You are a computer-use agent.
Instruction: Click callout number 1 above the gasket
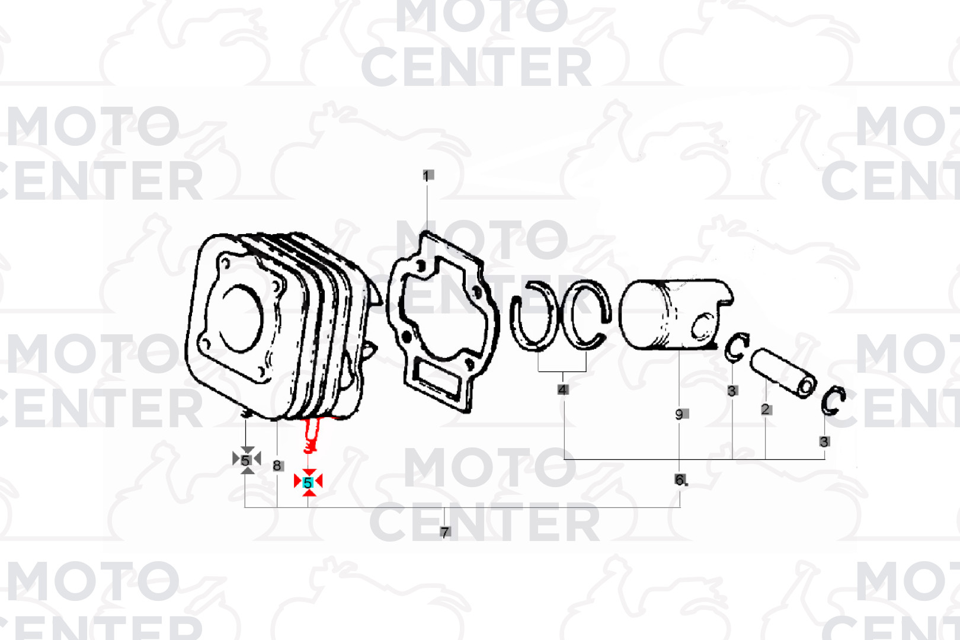coord(427,175)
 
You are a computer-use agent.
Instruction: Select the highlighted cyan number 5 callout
coord(308,483)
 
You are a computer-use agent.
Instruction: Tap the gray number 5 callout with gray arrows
coord(245,460)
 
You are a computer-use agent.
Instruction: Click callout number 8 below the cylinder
coord(277,466)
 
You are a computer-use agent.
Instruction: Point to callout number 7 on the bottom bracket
coord(445,532)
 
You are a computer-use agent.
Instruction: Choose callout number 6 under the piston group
coord(680,479)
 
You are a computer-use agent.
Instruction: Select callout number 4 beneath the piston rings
coord(563,390)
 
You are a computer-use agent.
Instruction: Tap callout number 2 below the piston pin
coord(766,409)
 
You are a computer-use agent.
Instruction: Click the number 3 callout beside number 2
coord(732,391)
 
